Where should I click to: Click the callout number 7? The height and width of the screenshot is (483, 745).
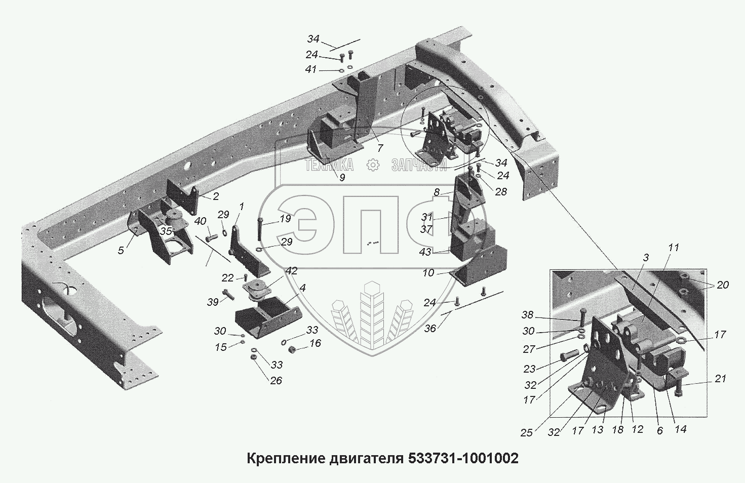(x=380, y=148)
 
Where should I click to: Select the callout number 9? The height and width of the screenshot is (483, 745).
(x=342, y=177)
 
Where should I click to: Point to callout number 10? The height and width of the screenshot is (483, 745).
(x=428, y=273)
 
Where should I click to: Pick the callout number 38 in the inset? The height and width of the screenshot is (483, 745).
(x=528, y=315)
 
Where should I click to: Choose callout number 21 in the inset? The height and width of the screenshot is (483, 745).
(x=720, y=379)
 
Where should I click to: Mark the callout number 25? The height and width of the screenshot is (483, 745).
(x=527, y=432)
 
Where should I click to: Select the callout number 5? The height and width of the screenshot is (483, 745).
(x=121, y=250)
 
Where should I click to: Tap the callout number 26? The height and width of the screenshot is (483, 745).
(x=276, y=380)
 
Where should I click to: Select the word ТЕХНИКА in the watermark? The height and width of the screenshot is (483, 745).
(x=329, y=165)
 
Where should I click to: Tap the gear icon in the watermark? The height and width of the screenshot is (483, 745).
(x=373, y=165)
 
